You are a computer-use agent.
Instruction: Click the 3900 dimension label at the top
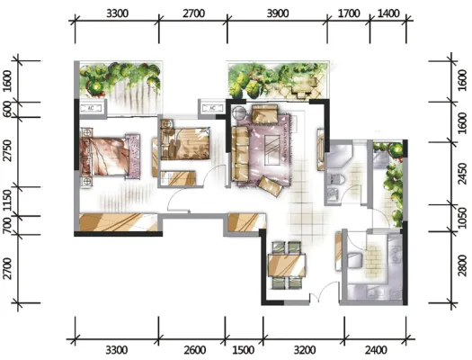click(x=278, y=13)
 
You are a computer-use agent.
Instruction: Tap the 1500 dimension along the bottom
click(x=244, y=350)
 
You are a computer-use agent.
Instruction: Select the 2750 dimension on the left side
click(x=7, y=150)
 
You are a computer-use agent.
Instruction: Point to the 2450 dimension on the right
click(x=464, y=174)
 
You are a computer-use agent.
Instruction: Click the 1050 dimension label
click(x=464, y=218)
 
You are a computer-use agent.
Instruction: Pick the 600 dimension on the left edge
click(x=6, y=109)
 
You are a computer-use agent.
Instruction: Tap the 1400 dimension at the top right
click(x=388, y=13)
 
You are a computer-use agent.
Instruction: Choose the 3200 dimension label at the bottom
click(x=305, y=350)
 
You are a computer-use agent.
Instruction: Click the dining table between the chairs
click(x=287, y=265)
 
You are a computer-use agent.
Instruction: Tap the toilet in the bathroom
click(x=337, y=179)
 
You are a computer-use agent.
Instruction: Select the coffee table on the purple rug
click(x=272, y=150)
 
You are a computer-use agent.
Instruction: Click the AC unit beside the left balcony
click(x=91, y=108)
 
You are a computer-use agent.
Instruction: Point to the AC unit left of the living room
click(x=212, y=108)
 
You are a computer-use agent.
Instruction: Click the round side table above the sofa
click(x=240, y=113)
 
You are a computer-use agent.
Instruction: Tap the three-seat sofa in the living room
click(x=240, y=154)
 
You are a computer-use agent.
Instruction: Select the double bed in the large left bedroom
click(x=110, y=156)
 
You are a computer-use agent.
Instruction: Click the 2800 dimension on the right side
click(x=464, y=266)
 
